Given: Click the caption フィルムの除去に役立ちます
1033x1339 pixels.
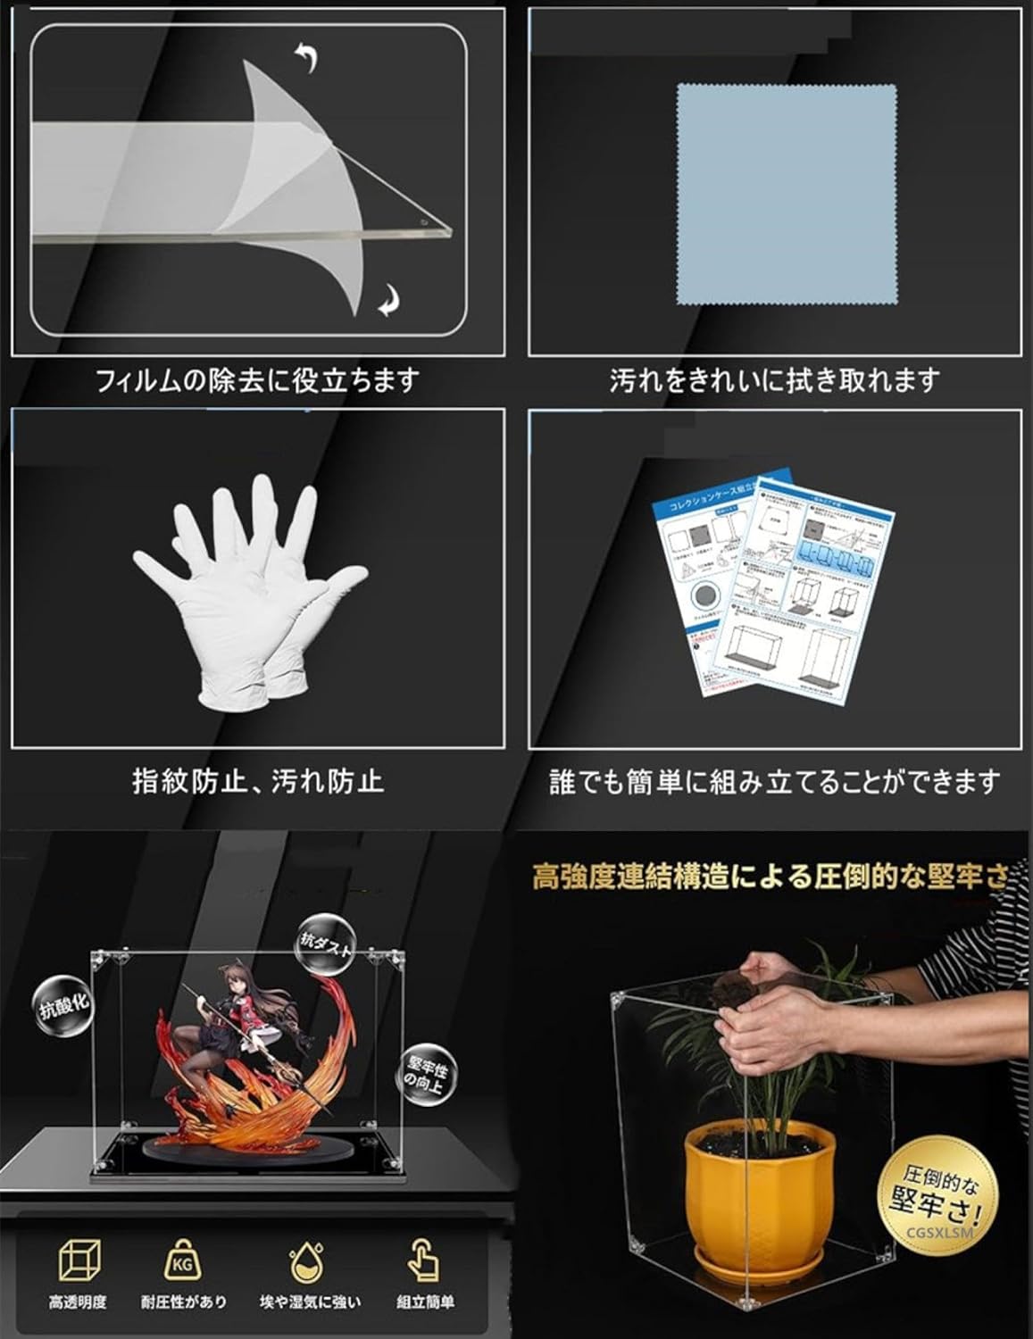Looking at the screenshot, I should pyautogui.click(x=257, y=382).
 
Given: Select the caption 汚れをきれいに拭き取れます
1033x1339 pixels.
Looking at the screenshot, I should pyautogui.click(x=775, y=382).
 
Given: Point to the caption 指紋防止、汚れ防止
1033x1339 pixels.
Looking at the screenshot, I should pyautogui.click(x=257, y=781).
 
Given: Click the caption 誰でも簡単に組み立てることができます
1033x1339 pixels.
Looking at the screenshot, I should pyautogui.click(x=775, y=783).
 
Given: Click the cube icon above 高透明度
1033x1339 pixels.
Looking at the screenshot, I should pyautogui.click(x=79, y=1260).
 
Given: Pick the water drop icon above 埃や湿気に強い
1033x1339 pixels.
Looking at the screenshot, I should pyautogui.click(x=309, y=1262).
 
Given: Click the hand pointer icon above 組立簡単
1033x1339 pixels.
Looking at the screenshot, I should pyautogui.click(x=425, y=1260).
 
